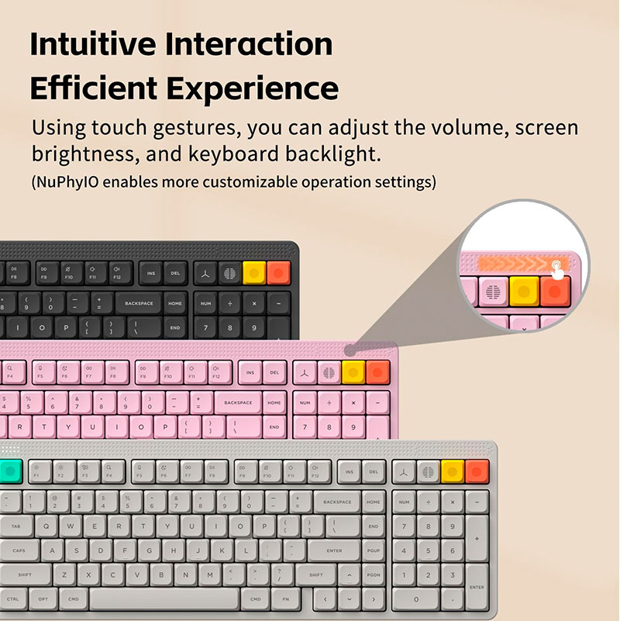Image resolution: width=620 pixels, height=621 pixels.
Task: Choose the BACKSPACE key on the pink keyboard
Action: click(238, 403)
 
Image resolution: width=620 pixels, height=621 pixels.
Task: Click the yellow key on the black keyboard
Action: click(254, 272)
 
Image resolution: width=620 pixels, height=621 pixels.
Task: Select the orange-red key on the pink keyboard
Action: click(378, 371)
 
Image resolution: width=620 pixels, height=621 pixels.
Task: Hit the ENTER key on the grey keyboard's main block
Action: click(334, 551)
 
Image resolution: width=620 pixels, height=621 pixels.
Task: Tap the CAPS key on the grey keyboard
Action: click(19, 551)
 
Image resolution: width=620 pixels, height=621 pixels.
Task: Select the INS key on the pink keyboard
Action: click(250, 372)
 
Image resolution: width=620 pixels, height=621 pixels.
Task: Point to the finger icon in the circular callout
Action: click(556, 266)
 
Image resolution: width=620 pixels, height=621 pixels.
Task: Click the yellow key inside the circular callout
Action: click(524, 292)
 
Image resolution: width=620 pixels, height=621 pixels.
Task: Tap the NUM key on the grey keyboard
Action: click(404, 502)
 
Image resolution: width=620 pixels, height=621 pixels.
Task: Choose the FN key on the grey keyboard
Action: click(286, 599)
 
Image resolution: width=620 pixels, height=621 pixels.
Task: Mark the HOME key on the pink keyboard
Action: click(274, 403)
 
